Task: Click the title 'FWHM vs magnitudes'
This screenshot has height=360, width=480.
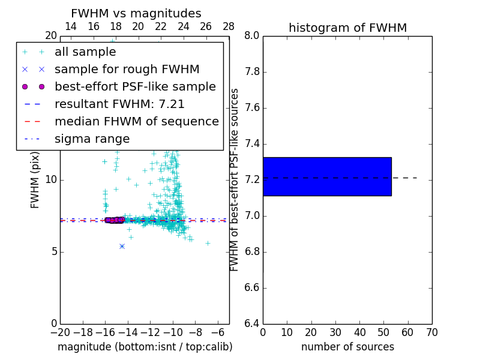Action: (x=136, y=14)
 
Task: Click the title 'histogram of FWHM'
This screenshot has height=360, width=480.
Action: (x=347, y=28)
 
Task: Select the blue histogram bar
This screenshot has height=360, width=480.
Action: (x=327, y=176)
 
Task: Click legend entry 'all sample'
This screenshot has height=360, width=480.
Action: (x=85, y=52)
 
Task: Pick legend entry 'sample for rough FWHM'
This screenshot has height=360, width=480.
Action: (x=127, y=70)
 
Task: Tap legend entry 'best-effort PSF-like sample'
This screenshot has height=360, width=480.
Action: (x=135, y=87)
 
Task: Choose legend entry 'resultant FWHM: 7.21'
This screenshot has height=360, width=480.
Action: (x=119, y=104)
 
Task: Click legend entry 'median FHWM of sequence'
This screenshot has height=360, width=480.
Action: (x=136, y=122)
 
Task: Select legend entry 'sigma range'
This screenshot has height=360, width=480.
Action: (x=92, y=139)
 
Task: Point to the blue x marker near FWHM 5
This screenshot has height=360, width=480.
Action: (x=122, y=246)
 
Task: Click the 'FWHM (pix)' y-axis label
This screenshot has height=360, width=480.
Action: (x=35, y=180)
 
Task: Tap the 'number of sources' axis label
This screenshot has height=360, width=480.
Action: (x=347, y=347)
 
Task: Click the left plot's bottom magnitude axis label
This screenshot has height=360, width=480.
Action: (x=145, y=347)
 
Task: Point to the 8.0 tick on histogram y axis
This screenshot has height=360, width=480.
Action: (x=252, y=36)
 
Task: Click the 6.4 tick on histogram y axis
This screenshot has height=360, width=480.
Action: (x=252, y=324)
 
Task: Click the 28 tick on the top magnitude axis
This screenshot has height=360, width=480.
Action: (x=229, y=26)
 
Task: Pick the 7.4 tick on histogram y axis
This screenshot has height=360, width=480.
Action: (x=252, y=144)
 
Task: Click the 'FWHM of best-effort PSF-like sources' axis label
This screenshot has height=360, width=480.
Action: (x=235, y=180)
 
